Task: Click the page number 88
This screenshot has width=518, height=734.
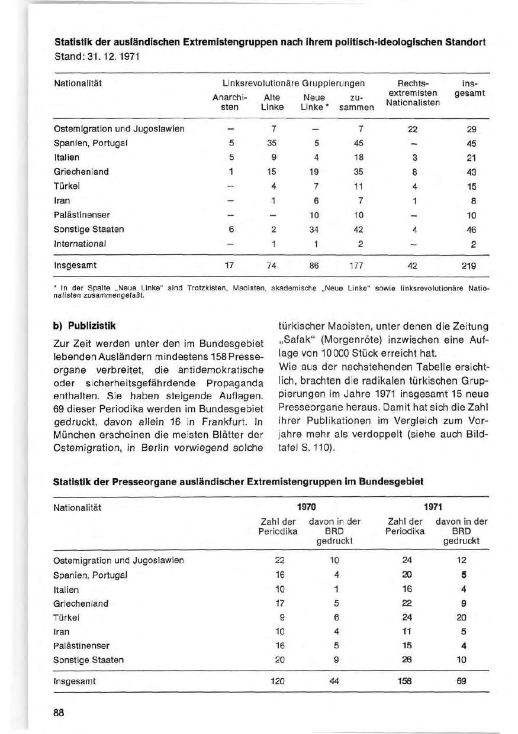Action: coord(59,712)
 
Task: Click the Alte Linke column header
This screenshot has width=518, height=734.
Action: coord(272,102)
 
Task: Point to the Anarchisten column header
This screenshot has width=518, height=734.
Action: coord(225,102)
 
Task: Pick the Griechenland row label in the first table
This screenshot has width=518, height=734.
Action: coord(81,172)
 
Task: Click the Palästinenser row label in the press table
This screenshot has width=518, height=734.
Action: coord(82,645)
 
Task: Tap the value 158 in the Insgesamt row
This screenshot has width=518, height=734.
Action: coord(406,681)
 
